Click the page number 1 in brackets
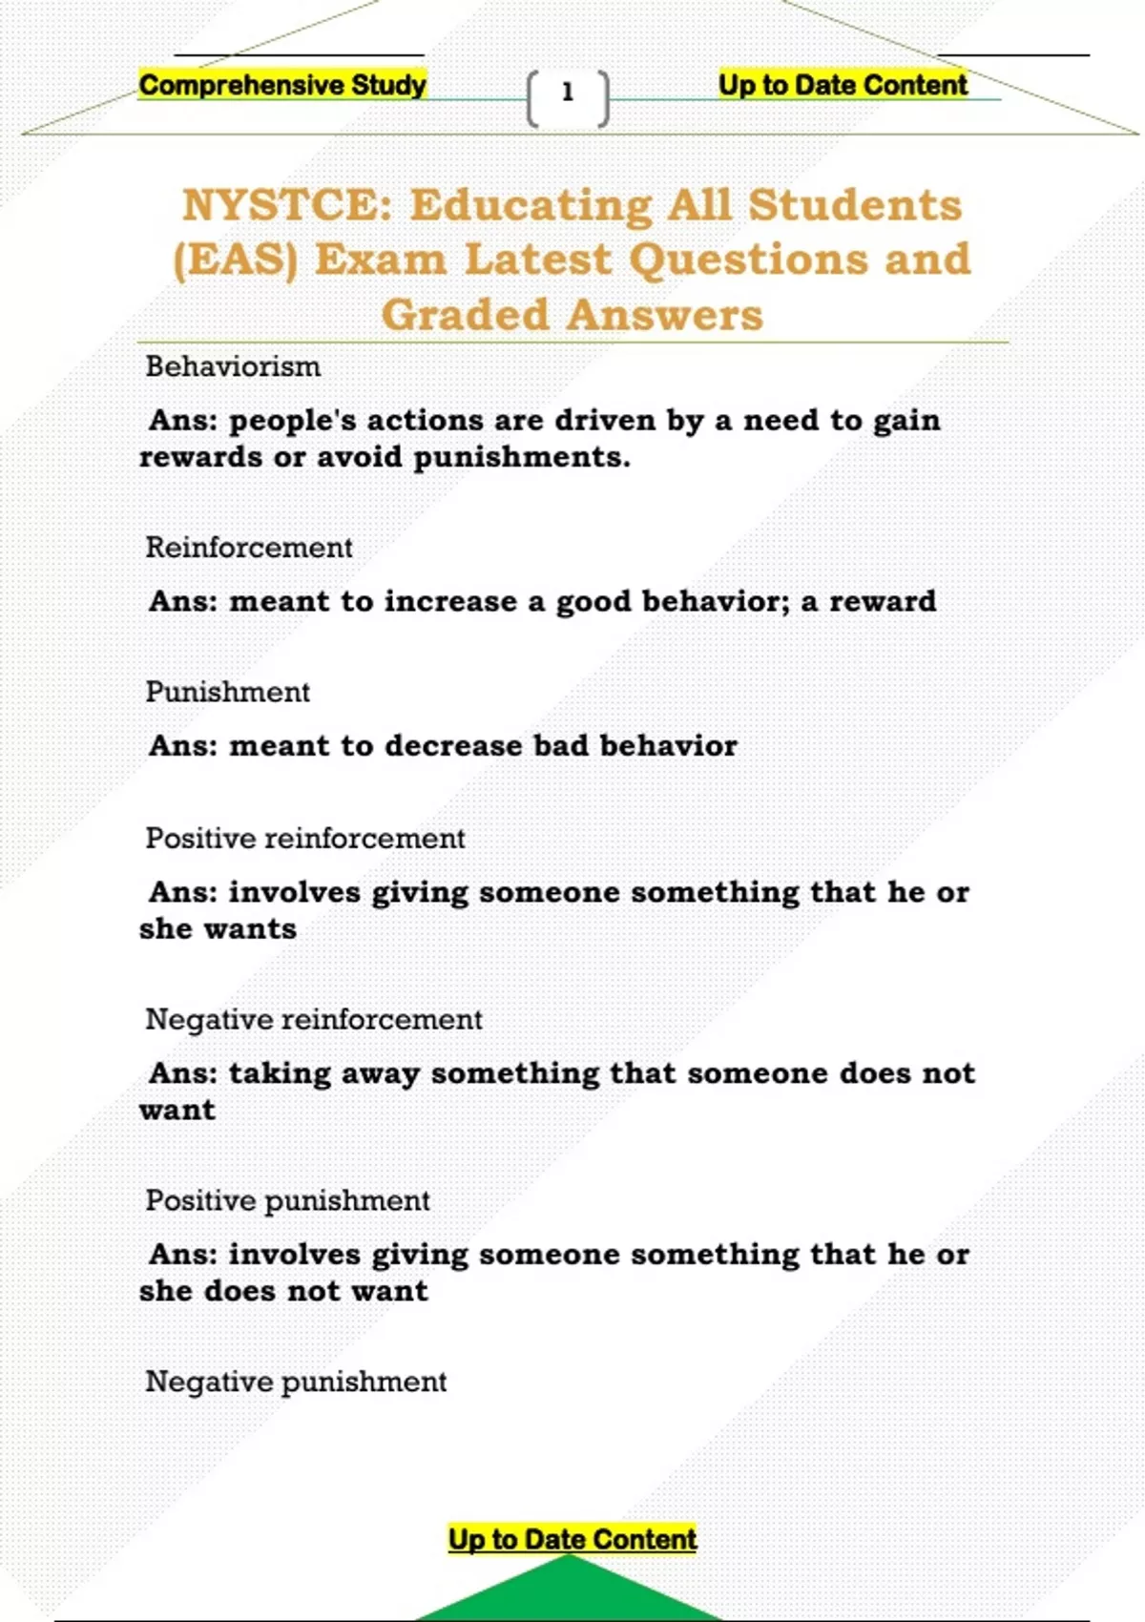click(x=568, y=94)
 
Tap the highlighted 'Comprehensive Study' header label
click(x=282, y=86)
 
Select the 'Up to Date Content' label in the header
click(x=843, y=86)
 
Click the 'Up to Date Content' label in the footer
click(x=572, y=1539)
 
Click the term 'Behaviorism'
click(x=233, y=367)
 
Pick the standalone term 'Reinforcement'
click(x=249, y=549)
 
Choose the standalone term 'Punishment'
click(x=227, y=693)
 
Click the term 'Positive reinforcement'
click(x=304, y=840)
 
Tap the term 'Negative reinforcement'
click(x=313, y=1020)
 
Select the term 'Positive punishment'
click(x=287, y=1201)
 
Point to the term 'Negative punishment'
click(x=296, y=1383)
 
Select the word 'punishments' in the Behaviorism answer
click(x=521, y=458)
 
